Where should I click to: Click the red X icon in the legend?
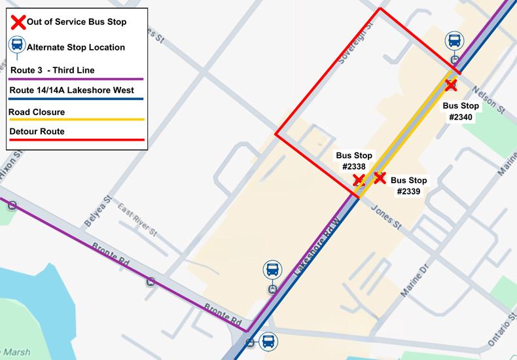(18, 22)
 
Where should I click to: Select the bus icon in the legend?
(17, 46)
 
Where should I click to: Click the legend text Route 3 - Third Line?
(52, 70)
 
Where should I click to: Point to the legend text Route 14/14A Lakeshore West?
(71, 90)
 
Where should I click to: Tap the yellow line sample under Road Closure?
(76, 120)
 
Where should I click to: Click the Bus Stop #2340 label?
(461, 111)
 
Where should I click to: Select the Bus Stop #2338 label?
(354, 161)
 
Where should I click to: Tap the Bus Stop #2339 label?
(408, 186)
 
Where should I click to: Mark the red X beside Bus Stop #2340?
(451, 85)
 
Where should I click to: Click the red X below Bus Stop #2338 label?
(359, 180)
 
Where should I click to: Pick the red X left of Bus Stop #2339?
(380, 177)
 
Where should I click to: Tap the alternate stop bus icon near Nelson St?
(454, 41)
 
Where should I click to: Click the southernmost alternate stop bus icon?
(268, 341)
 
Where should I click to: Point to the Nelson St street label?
(491, 101)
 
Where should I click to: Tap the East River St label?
(137, 220)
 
